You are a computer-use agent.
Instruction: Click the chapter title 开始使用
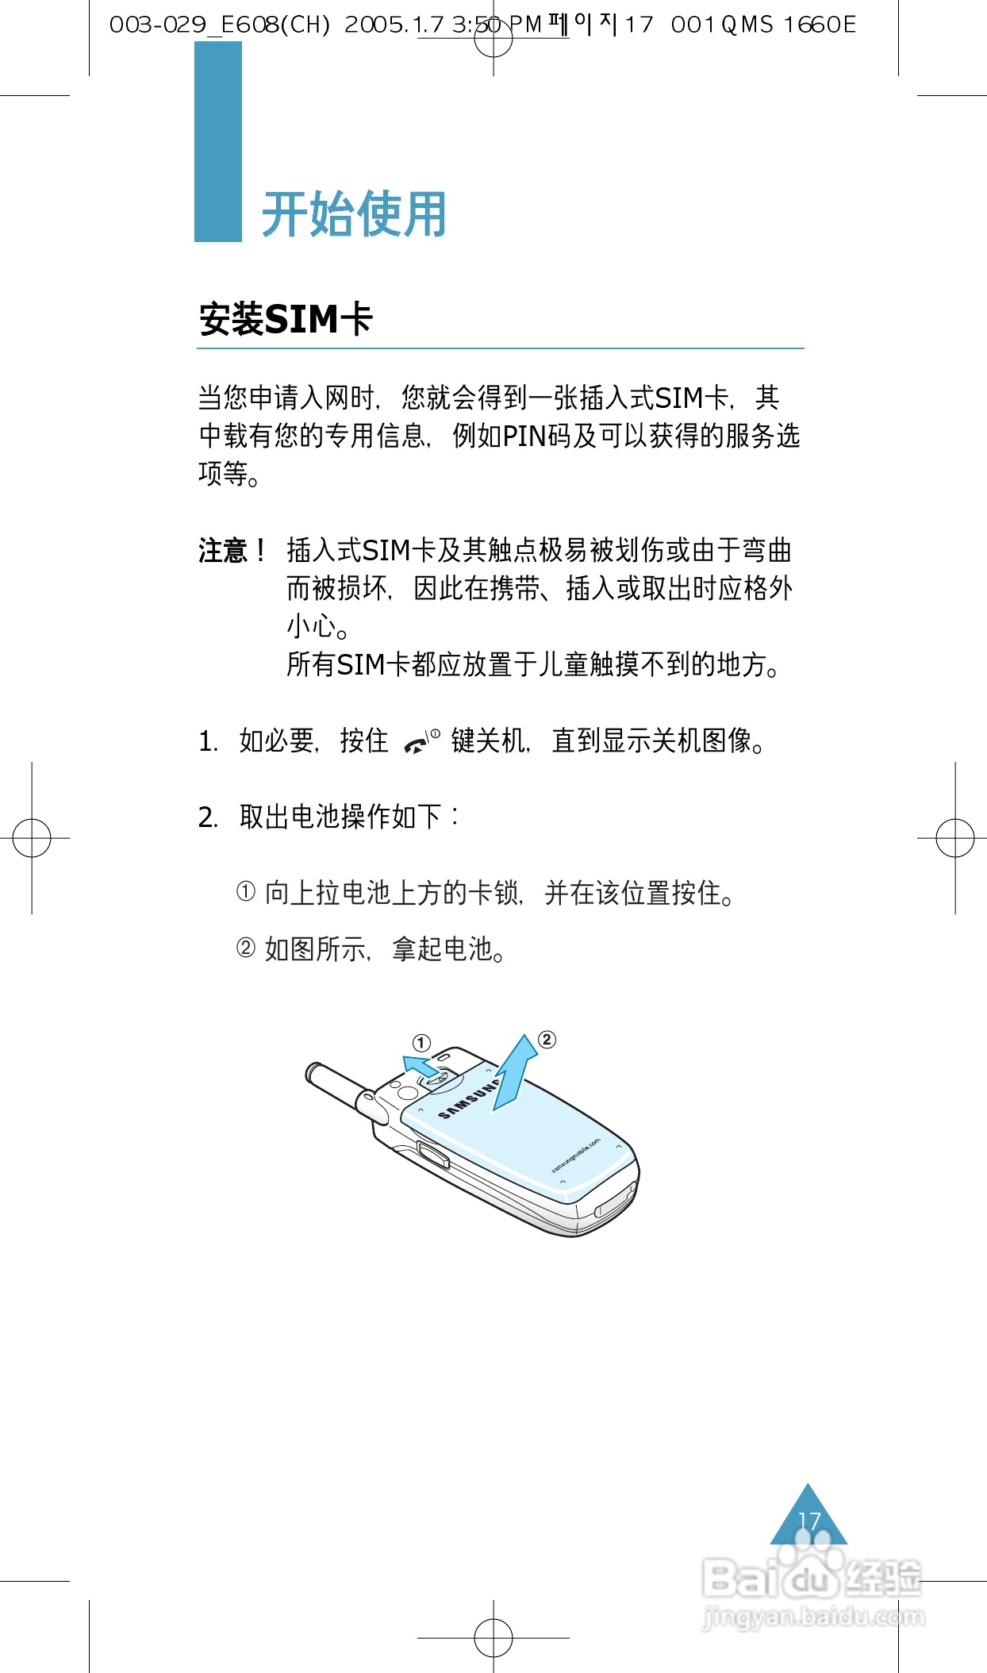pos(354,214)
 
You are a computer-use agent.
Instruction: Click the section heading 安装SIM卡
pos(286,319)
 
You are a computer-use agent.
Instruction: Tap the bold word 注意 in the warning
pos(223,550)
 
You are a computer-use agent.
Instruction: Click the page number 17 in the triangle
pos(808,1521)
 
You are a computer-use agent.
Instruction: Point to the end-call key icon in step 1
pos(421,742)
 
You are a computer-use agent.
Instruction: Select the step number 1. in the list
pos(208,742)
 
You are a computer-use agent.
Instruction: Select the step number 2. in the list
pos(208,817)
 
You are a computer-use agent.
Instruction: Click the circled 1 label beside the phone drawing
pos(421,1042)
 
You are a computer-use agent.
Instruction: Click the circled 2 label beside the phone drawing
pos(547,1040)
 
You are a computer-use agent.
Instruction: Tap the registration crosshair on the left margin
pos(32,837)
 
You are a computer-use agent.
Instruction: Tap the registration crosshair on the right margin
pos(955,837)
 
